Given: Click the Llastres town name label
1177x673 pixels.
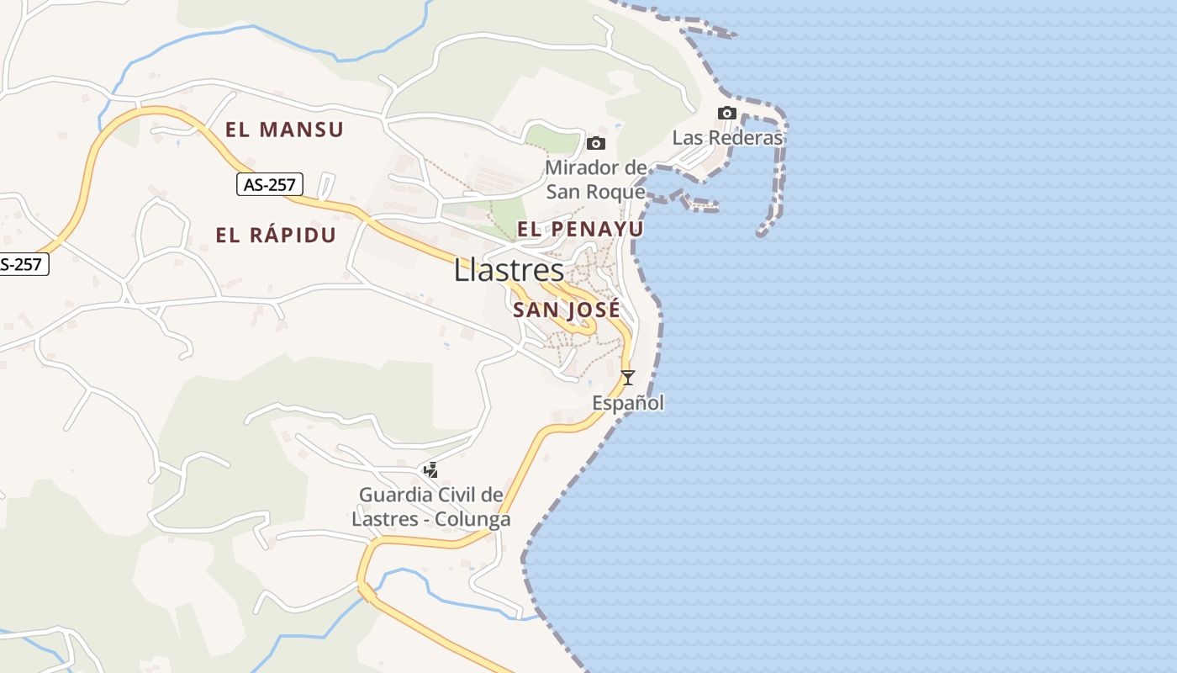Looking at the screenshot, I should [509, 270].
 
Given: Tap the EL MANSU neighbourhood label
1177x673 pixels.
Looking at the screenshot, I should [284, 130].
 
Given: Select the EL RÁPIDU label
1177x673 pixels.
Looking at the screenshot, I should [276, 236].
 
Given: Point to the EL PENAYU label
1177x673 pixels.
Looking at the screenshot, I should [580, 229].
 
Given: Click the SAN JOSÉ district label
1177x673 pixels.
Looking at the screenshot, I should [566, 310].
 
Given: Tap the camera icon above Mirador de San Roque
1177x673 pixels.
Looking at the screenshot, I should [596, 143].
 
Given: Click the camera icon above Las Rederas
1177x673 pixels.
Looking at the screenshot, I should [727, 113].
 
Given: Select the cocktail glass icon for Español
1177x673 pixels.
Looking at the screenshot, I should [627, 377].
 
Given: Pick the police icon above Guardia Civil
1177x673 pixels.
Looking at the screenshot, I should [431, 470].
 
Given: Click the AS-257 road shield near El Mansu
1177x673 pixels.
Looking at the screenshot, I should [270, 185].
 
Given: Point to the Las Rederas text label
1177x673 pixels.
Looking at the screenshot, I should [727, 137].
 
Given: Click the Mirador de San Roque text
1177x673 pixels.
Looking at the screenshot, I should [596, 179].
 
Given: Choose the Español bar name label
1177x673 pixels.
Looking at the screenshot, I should [628, 403].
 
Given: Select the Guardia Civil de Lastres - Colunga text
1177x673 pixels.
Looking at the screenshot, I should [431, 506].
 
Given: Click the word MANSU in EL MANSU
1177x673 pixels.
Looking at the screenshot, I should [301, 130].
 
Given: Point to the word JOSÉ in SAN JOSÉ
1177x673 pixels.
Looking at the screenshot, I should [594, 310].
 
